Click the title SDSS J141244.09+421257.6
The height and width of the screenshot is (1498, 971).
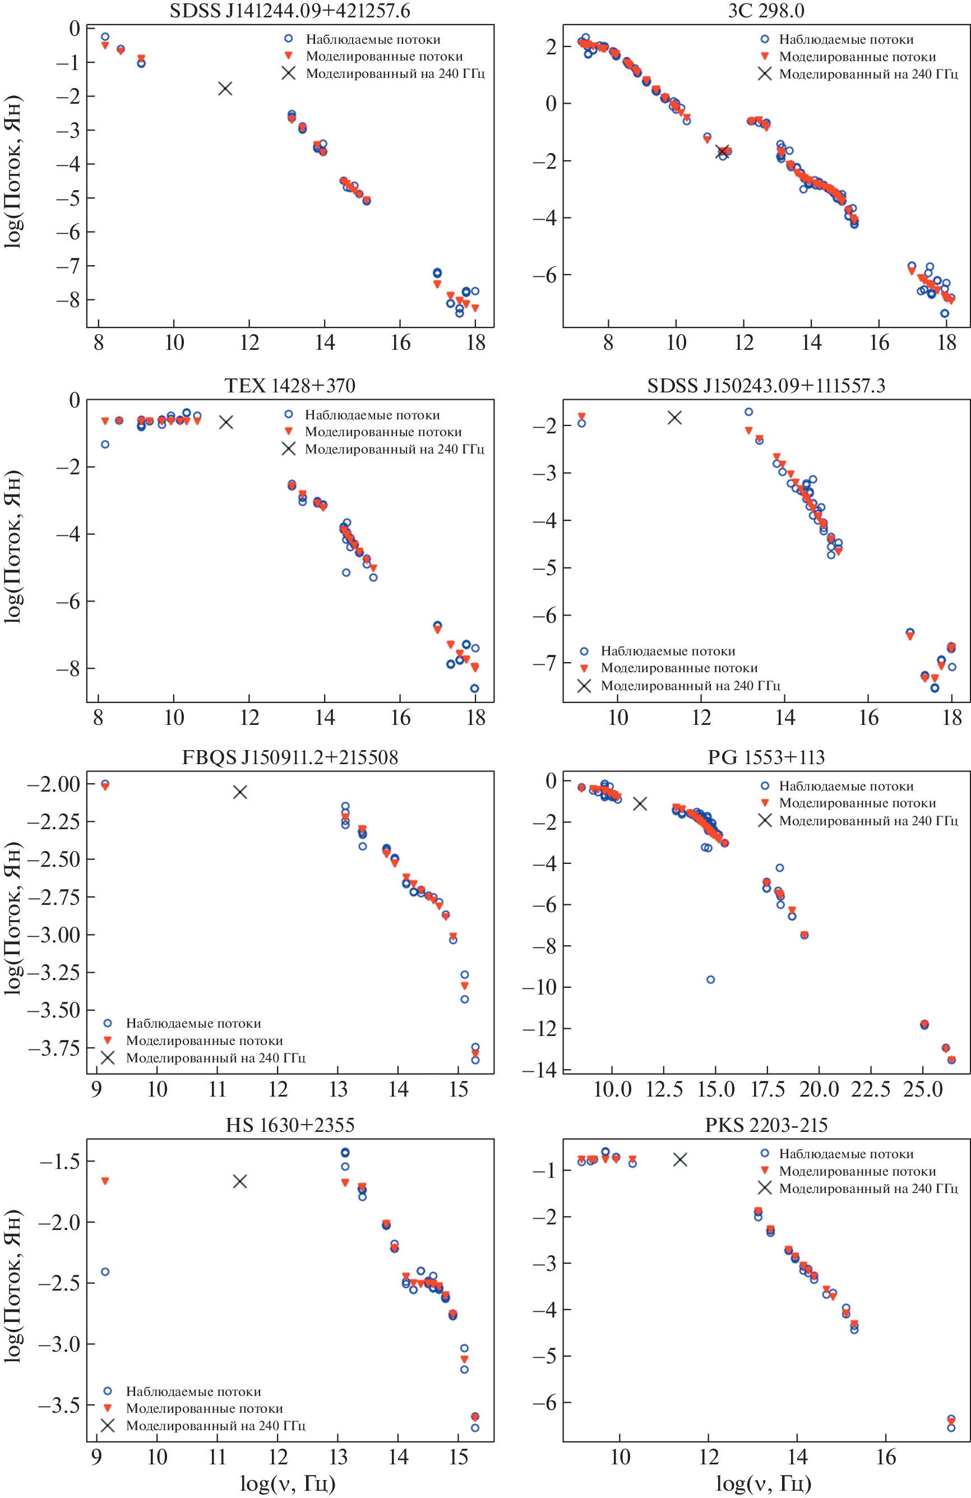pyautogui.click(x=289, y=11)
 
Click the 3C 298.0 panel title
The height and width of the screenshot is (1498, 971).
pyautogui.click(x=766, y=11)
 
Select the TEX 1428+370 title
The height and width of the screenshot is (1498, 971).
pyautogui.click(x=289, y=385)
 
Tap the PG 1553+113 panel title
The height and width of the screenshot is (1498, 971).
pyautogui.click(x=766, y=757)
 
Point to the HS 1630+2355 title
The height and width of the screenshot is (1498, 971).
pyautogui.click(x=289, y=1125)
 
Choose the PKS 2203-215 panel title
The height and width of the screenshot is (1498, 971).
pyautogui.click(x=766, y=1125)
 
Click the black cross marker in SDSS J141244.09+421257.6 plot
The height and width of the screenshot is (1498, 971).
pyautogui.click(x=225, y=89)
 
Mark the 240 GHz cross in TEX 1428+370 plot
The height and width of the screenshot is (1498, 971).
pyautogui.click(x=226, y=422)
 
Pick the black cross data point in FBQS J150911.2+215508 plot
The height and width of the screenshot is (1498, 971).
pyautogui.click(x=240, y=792)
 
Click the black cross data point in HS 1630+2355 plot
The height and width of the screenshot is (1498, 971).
pyautogui.click(x=240, y=1181)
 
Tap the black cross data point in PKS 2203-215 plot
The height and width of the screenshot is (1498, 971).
pyautogui.click(x=679, y=1159)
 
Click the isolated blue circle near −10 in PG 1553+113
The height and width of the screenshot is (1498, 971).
pyautogui.click(x=710, y=980)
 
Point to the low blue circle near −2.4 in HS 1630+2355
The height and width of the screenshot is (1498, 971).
pyautogui.click(x=105, y=1272)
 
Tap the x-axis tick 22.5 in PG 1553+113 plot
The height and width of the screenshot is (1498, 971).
pyautogui.click(x=870, y=1089)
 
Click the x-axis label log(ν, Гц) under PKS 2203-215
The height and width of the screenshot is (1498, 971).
pyautogui.click(x=764, y=1483)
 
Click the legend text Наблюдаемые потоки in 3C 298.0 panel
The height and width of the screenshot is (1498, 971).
pyautogui.click(x=846, y=40)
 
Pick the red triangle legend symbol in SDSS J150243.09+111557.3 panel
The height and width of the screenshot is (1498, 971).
pyautogui.click(x=584, y=668)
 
